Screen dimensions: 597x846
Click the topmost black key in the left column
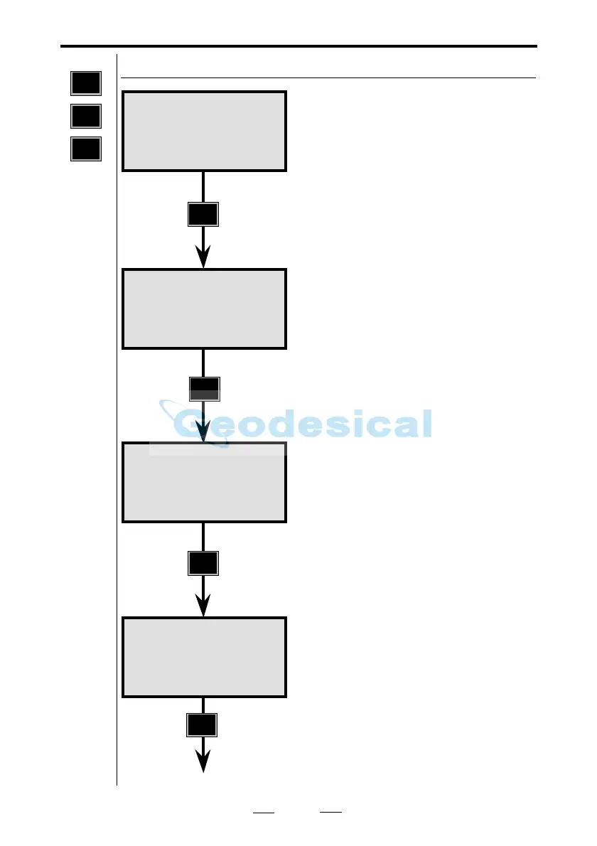[x=86, y=83]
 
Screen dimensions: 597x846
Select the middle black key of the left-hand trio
[x=86, y=116]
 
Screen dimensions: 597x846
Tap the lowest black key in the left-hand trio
[x=86, y=149]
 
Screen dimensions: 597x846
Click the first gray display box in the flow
[x=204, y=131]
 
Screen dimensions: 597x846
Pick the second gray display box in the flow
[x=204, y=309]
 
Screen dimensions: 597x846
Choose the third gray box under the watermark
[x=204, y=483]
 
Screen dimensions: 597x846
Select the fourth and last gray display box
[x=204, y=657]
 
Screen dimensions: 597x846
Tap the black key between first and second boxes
[x=203, y=215]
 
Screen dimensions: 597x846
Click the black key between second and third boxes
[x=205, y=388]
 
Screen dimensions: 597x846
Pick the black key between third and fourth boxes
[x=203, y=564]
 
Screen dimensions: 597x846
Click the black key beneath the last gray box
[x=203, y=725]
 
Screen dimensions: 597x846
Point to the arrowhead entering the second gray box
[x=204, y=257]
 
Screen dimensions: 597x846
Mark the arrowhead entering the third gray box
[x=204, y=432]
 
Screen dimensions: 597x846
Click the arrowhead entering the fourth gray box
[x=204, y=606]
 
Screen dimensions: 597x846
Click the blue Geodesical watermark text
[x=304, y=424]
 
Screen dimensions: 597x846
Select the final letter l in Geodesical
[x=426, y=423]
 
